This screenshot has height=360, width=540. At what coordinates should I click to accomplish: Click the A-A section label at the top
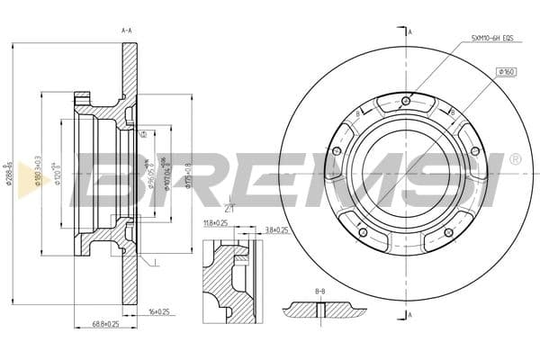click(x=126, y=31)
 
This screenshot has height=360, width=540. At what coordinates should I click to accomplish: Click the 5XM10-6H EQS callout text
click(x=491, y=39)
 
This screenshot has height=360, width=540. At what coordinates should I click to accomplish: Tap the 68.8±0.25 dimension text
click(x=105, y=324)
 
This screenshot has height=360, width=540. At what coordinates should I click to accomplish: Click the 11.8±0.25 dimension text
click(x=214, y=222)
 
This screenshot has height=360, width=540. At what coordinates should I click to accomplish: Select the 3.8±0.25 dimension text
click(x=276, y=230)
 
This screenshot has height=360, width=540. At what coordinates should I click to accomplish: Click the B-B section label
click(x=319, y=292)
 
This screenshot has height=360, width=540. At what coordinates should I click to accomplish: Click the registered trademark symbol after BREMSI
click(x=514, y=159)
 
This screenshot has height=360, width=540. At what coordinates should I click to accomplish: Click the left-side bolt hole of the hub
click(x=338, y=151)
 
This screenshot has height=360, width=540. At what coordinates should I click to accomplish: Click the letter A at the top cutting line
click(x=410, y=31)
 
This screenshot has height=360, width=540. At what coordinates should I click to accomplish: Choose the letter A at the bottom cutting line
click(x=410, y=315)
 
